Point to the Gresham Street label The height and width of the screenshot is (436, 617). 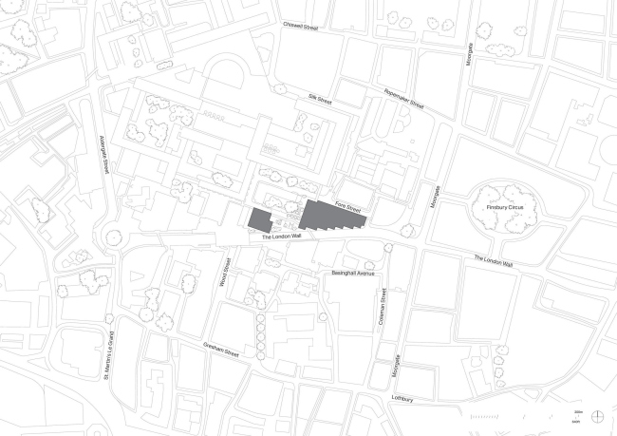[223, 351]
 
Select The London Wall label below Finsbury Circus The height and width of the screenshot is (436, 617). [494, 261]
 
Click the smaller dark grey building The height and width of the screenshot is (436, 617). [259, 219]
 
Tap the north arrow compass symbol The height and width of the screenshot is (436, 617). [597, 415]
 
